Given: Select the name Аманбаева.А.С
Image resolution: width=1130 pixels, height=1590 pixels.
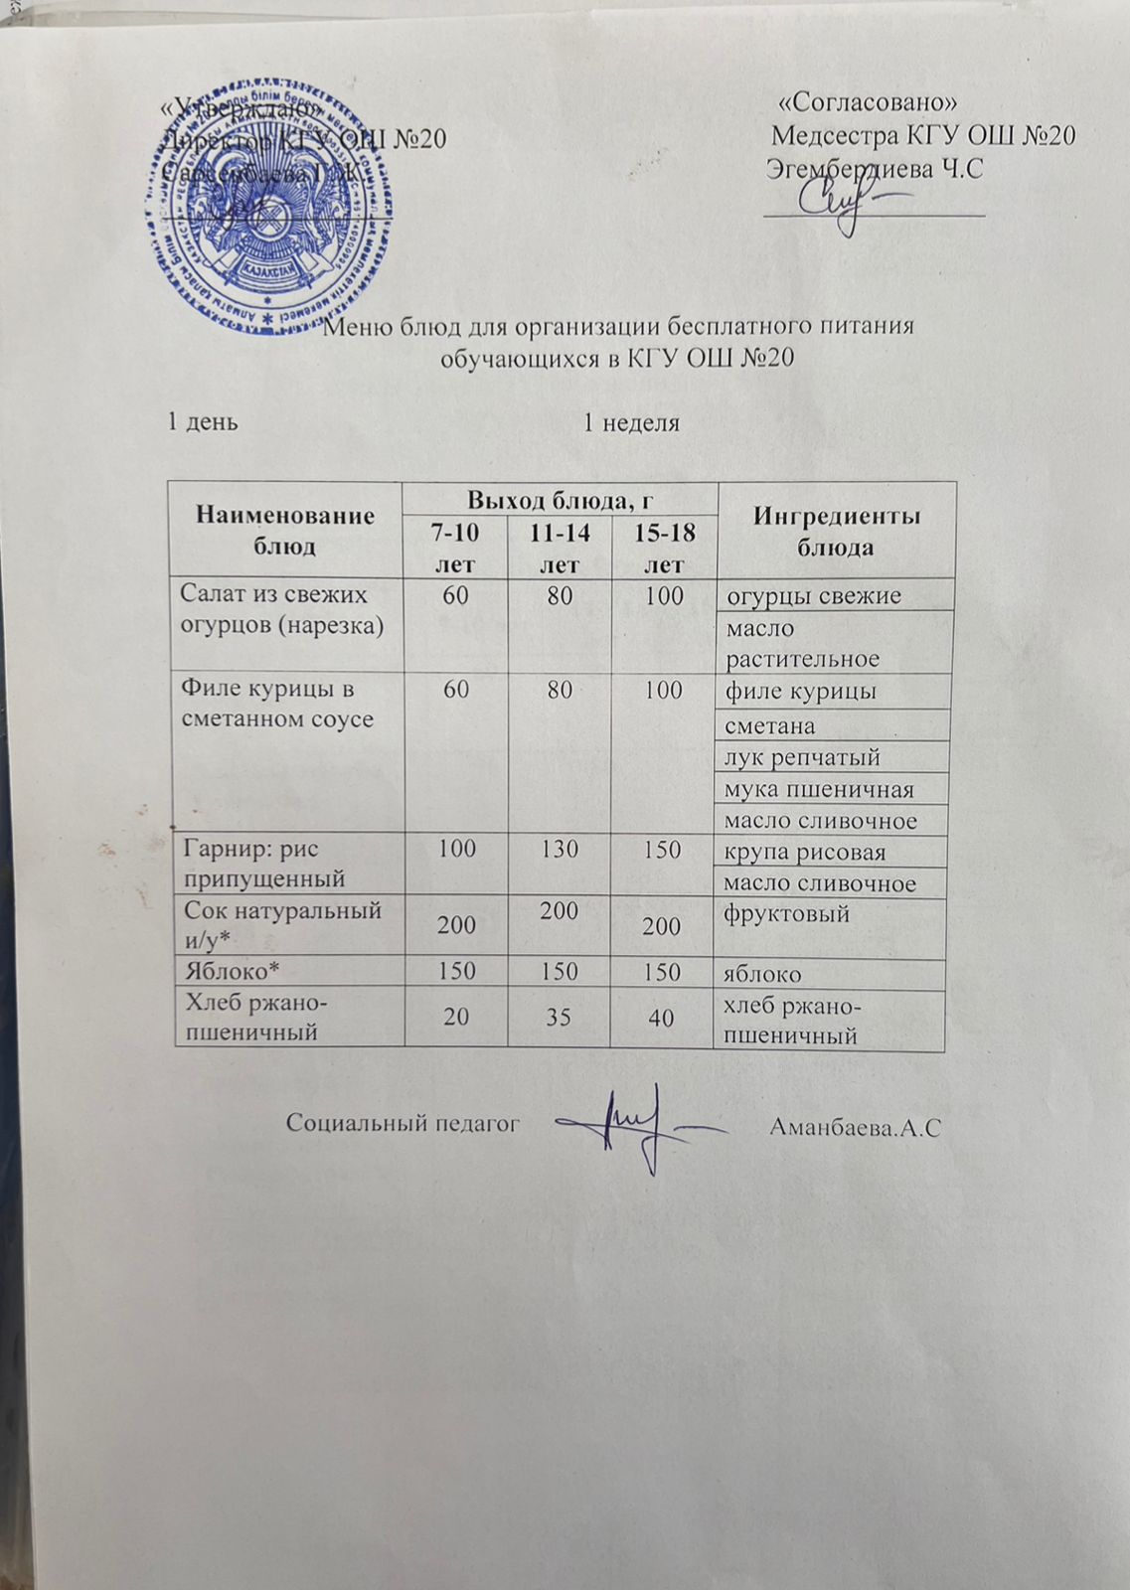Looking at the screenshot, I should [855, 1127].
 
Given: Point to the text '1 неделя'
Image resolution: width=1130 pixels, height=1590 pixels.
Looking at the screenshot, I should [630, 423].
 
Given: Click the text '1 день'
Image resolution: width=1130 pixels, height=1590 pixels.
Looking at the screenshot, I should [201, 422].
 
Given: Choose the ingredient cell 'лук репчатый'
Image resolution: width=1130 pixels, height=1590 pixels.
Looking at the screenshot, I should [803, 757].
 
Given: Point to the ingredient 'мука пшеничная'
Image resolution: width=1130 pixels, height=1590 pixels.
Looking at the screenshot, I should [819, 789].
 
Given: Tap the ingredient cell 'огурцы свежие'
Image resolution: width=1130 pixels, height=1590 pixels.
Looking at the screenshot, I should [814, 596].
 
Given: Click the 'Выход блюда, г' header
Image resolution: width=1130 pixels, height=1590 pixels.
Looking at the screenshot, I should [560, 498].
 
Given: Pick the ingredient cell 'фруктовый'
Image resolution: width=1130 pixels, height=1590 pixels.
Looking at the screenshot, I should [787, 913].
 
